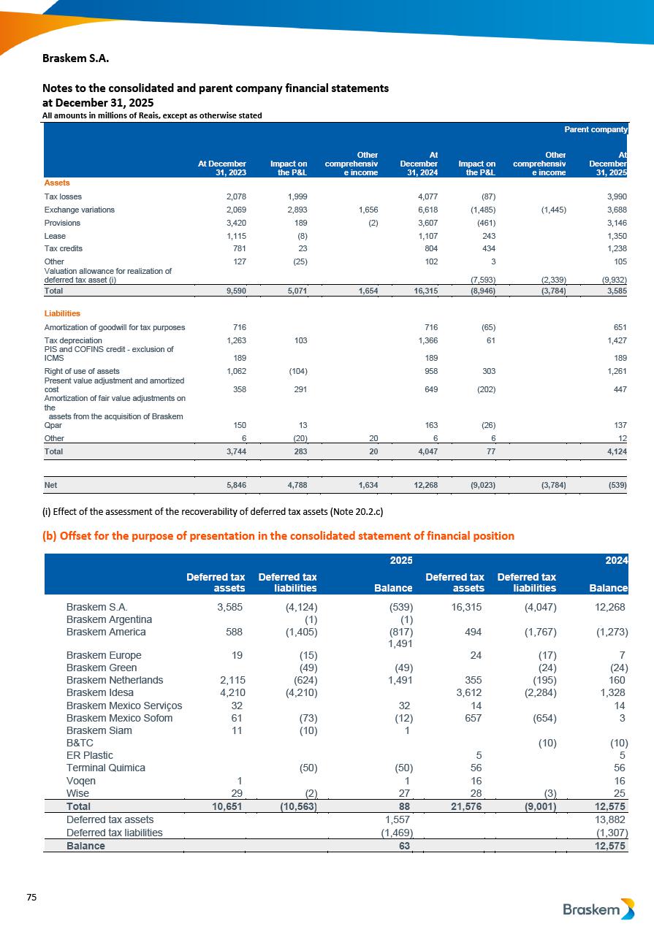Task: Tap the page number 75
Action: coord(31,897)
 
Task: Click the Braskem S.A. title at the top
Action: coord(76,56)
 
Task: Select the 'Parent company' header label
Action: coord(596,129)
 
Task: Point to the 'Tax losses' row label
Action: coord(63,196)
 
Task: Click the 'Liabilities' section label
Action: coord(63,313)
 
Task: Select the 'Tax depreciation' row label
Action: coord(73,340)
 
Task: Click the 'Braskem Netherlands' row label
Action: coord(115,680)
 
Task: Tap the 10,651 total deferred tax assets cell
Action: coord(223,806)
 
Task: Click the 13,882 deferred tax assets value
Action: coord(609,819)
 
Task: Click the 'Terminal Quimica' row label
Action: coord(106,768)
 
